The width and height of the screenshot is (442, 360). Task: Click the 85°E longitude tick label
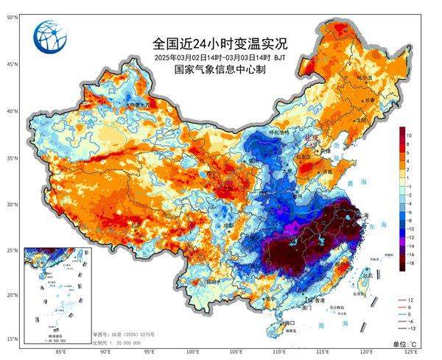[x=60, y=352]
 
